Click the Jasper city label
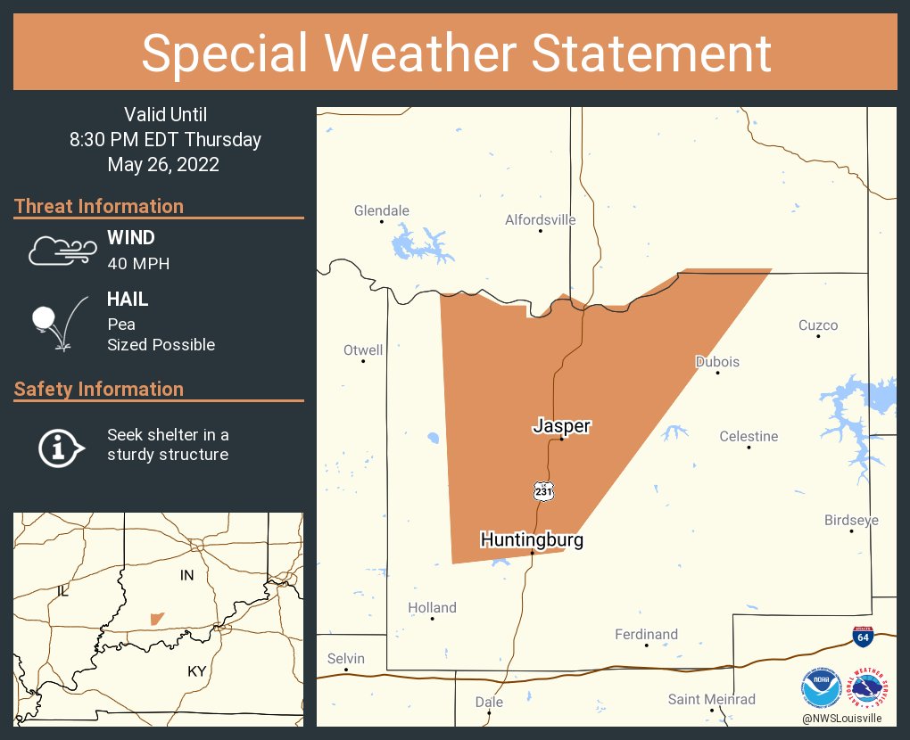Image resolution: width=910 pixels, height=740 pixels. click(x=561, y=426)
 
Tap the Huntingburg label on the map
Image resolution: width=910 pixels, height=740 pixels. click(x=532, y=539)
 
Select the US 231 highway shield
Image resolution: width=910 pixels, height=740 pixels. click(x=543, y=490)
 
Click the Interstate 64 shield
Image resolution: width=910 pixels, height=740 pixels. click(x=862, y=637)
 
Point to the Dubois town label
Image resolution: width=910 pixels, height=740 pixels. click(x=717, y=362)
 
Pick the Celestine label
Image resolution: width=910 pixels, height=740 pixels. click(x=749, y=436)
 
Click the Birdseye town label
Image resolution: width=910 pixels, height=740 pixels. click(x=851, y=521)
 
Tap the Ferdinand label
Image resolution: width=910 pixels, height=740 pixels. click(x=646, y=634)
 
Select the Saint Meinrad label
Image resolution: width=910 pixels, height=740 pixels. click(x=712, y=699)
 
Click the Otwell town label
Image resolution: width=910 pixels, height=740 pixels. click(x=363, y=350)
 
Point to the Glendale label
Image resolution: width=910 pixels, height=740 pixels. click(x=381, y=211)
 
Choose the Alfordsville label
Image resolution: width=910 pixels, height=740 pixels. click(x=540, y=219)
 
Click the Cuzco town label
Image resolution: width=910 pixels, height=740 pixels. click(x=818, y=325)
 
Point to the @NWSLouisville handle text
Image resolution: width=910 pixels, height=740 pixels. click(x=841, y=718)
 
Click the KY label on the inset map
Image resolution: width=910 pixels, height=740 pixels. click(x=196, y=671)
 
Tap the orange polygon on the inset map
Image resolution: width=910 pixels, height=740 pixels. click(x=157, y=619)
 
